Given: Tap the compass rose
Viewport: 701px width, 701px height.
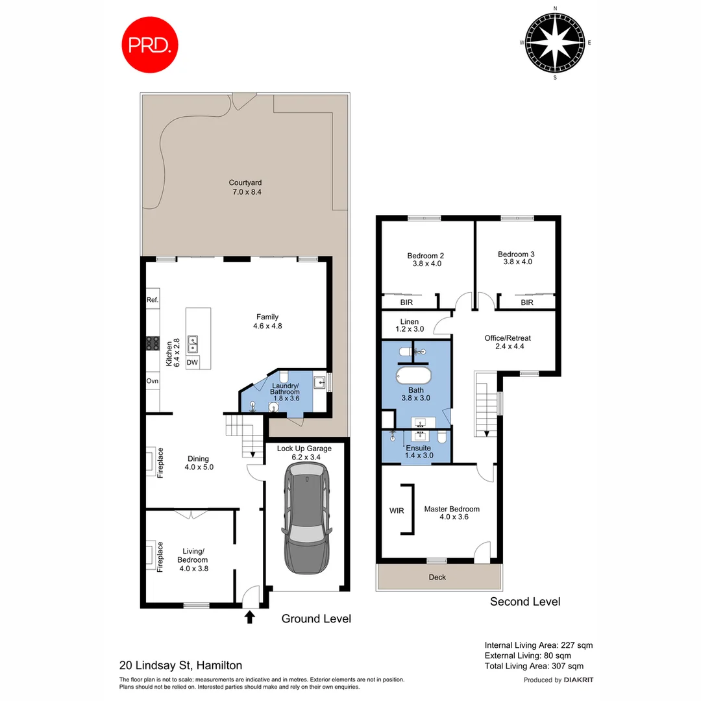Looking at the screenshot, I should (x=555, y=42).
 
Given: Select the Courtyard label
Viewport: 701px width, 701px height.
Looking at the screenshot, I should (x=245, y=188).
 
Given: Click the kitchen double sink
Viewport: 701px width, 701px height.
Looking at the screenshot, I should (x=193, y=341).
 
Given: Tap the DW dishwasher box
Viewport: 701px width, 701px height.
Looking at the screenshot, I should (x=193, y=363).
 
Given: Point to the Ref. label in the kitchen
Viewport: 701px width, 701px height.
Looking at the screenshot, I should (x=153, y=300).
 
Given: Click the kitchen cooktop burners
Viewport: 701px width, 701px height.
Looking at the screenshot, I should (x=153, y=343).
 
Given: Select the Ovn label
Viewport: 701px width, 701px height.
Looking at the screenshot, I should (x=153, y=381).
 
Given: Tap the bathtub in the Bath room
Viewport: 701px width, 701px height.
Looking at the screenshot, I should (x=413, y=376).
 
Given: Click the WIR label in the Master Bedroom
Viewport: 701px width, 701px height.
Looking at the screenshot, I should (x=397, y=511).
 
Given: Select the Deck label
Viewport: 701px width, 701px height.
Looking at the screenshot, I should (x=437, y=577).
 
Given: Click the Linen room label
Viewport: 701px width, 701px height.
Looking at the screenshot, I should (x=410, y=325).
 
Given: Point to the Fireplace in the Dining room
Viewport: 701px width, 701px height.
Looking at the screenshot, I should (x=150, y=461).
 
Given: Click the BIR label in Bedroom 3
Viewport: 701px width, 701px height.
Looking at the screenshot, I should (x=527, y=302).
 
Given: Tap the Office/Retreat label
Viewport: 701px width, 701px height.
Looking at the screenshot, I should (x=508, y=342).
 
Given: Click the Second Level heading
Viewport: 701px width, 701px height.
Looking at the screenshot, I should (x=525, y=602).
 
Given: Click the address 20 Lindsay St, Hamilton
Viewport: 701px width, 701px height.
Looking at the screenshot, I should (x=181, y=665).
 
